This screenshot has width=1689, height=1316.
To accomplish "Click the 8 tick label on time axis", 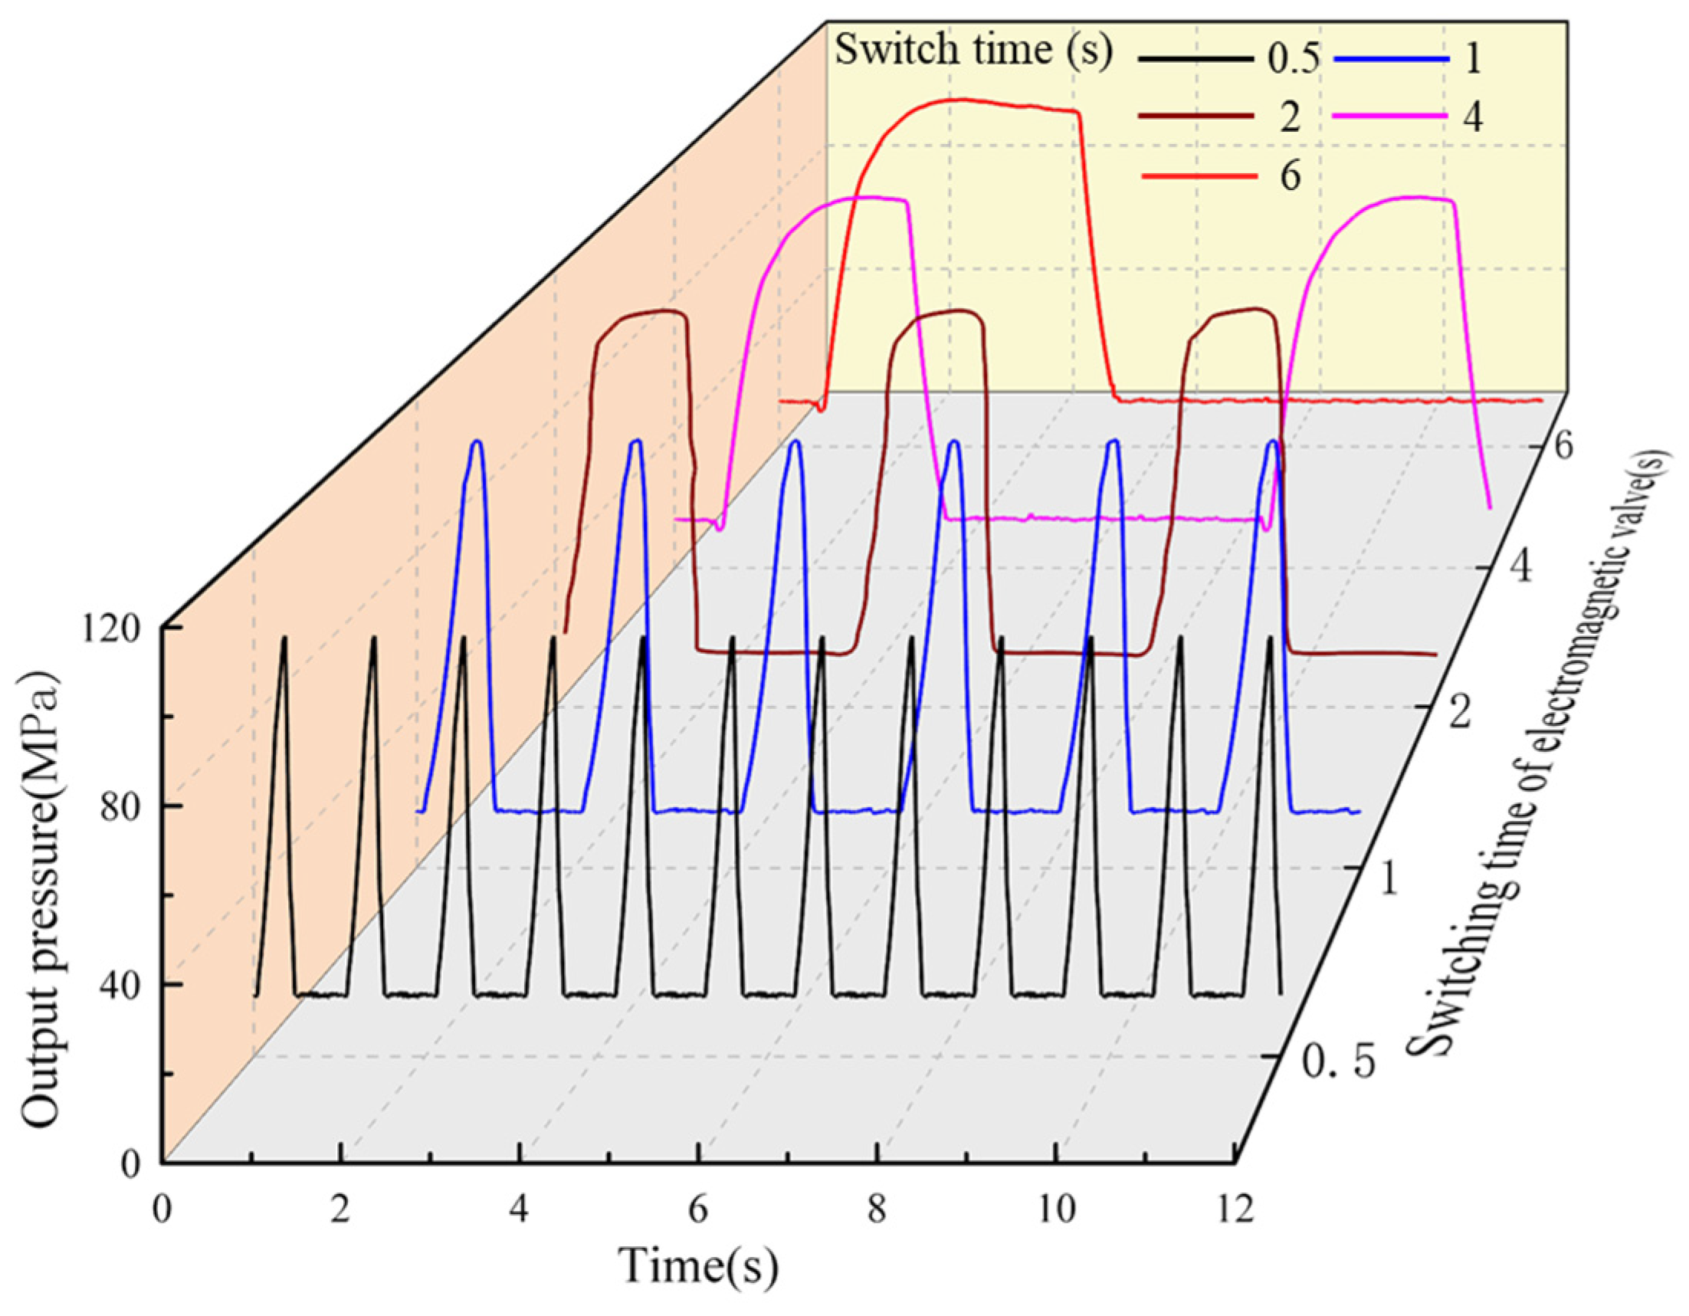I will coord(876,1209).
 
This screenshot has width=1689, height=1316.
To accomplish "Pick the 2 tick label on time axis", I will coord(340,1209).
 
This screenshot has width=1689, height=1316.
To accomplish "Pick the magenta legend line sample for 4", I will coord(1392,115).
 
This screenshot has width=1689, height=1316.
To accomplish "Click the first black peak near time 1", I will coord(284,639).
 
